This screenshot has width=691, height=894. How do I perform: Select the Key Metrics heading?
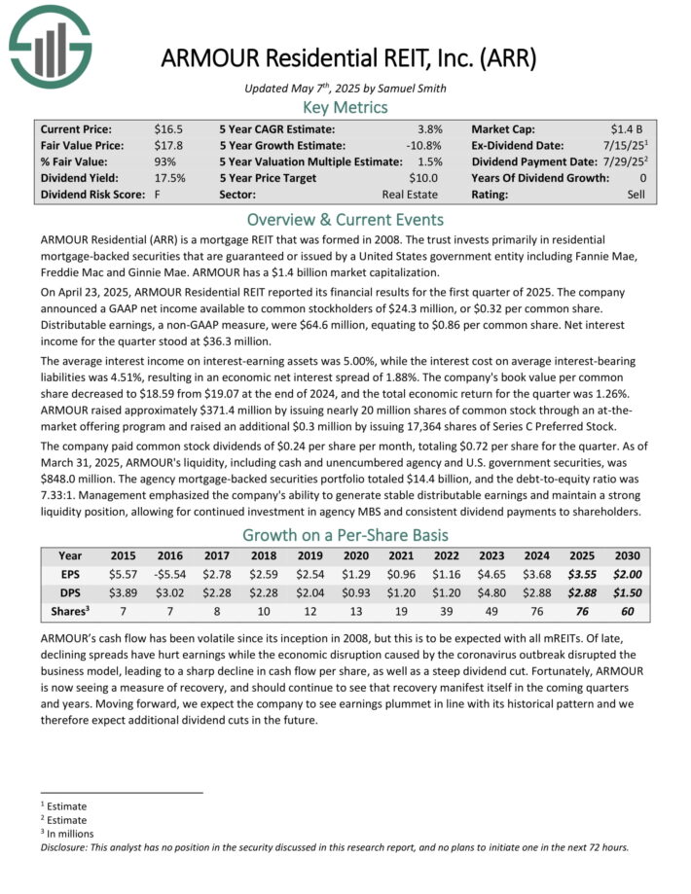pos(345,107)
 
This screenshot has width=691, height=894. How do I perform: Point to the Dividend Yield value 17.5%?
pos(170,178)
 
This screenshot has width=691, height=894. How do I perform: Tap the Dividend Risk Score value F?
pos(158,195)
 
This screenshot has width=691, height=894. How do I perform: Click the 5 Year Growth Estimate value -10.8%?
pos(424,145)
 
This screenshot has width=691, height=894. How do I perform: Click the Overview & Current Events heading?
pos(345,219)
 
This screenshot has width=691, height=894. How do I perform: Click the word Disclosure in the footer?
pos(70,846)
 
